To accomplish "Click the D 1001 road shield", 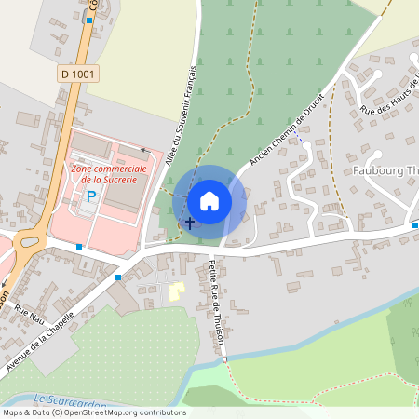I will tap(79, 73).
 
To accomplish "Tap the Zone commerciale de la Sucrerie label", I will tap(107, 174).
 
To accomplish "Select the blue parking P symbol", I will tap(91, 196).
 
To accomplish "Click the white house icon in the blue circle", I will tap(209, 200).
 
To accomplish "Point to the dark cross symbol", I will tap(190, 223).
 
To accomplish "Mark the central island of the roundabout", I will tap(27, 241).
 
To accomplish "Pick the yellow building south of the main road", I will tap(176, 291).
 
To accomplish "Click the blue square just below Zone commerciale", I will tap(79, 247).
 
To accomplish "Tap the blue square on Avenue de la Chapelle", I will tap(118, 277).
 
